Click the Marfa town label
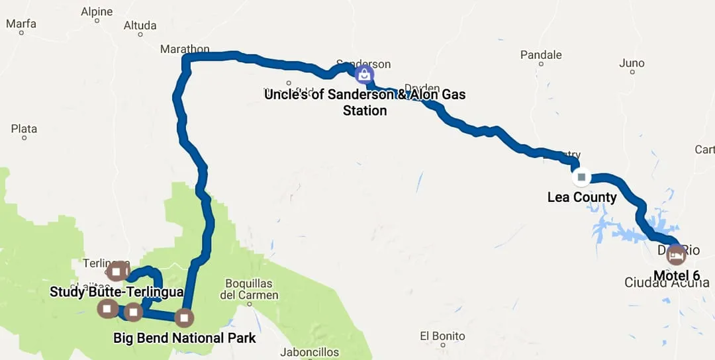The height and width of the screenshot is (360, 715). click(x=21, y=24)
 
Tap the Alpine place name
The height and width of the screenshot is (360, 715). click(x=97, y=12)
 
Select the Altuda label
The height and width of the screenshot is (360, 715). click(x=140, y=26)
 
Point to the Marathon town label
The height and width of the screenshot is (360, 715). click(x=185, y=49)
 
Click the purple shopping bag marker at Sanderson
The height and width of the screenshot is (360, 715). click(x=364, y=74)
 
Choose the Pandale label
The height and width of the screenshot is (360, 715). click(x=541, y=55)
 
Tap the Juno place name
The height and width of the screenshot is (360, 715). click(x=632, y=64)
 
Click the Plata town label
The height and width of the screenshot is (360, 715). click(x=24, y=129)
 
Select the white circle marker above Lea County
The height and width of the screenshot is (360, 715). click(x=581, y=177)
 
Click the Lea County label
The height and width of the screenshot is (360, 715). click(x=582, y=197)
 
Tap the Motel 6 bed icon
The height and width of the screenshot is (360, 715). click(x=676, y=254)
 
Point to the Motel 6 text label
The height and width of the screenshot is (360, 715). click(x=677, y=275)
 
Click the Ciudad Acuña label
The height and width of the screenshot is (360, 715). click(x=667, y=283)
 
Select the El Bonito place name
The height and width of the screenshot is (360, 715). click(x=443, y=336)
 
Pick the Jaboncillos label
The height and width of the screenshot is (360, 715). click(x=309, y=353)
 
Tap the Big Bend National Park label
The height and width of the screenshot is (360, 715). click(x=185, y=338)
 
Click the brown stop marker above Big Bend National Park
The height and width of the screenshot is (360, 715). click(x=184, y=318)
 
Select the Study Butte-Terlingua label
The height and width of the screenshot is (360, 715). click(x=117, y=292)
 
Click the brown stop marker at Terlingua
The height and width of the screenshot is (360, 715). click(x=117, y=271)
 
